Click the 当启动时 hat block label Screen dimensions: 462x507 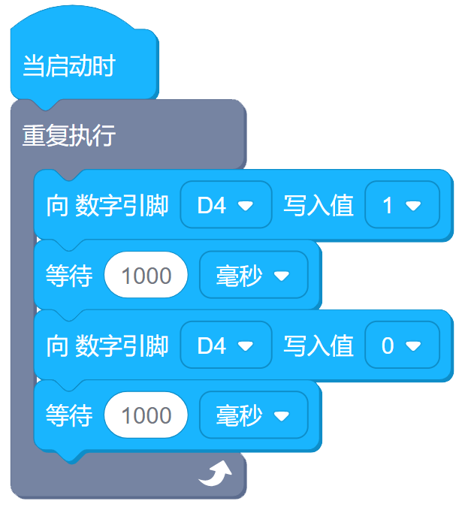(x=68, y=66)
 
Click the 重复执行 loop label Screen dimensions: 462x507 (x=68, y=136)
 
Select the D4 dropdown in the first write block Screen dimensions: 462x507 (x=225, y=205)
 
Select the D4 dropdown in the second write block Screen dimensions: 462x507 (x=225, y=346)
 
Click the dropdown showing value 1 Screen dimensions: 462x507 (x=402, y=205)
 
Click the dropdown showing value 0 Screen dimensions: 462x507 (x=402, y=346)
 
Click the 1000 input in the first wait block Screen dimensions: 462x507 (x=146, y=276)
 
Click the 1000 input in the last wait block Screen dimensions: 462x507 (x=146, y=415)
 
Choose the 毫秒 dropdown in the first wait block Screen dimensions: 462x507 (x=253, y=276)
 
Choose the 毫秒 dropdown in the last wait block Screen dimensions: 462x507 (x=253, y=415)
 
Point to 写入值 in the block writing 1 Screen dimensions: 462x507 (x=319, y=205)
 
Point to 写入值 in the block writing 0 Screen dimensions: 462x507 (x=319, y=346)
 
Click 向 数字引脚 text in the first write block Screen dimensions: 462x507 (x=107, y=205)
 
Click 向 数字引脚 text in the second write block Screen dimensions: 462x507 (x=107, y=346)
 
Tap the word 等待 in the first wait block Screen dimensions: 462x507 (x=69, y=276)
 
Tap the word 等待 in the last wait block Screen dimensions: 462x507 (x=69, y=415)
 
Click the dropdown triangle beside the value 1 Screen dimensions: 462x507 (x=412, y=206)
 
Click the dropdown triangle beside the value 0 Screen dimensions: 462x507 (x=412, y=346)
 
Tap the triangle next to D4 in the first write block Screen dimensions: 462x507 (x=245, y=206)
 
